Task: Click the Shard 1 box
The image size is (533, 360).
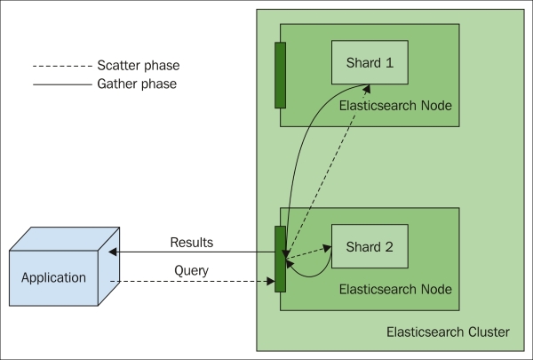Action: (370, 62)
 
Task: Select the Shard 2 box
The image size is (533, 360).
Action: (370, 246)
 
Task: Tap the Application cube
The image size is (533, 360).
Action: (64, 267)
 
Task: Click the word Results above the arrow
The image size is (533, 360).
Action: (192, 243)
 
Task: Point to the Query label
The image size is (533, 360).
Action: (191, 271)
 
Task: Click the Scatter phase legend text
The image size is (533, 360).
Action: (139, 65)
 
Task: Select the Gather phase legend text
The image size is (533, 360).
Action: (137, 84)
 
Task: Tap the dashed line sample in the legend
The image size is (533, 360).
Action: (62, 66)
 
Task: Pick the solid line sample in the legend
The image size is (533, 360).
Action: (62, 84)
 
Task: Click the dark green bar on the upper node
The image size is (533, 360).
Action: (280, 76)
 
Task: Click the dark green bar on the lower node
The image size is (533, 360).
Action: (280, 259)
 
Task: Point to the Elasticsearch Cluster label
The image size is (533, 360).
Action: (448, 332)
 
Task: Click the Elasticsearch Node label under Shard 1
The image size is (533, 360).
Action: (395, 106)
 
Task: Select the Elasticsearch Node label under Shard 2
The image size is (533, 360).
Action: (395, 289)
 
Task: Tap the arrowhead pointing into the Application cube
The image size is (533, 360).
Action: (113, 252)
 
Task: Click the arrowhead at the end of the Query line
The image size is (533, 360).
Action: (271, 281)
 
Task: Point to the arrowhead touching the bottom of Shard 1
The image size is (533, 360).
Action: (367, 89)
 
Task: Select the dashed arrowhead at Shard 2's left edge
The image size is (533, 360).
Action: (327, 248)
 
